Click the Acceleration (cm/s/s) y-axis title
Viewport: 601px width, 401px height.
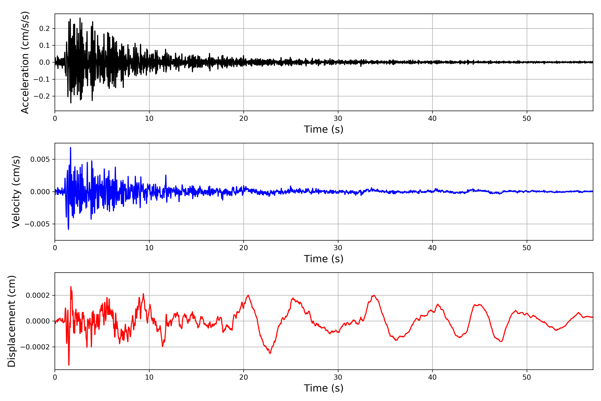pyautogui.click(x=25, y=62)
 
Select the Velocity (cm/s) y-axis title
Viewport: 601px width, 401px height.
pyautogui.click(x=16, y=192)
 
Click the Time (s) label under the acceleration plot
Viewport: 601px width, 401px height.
pyautogui.click(x=324, y=129)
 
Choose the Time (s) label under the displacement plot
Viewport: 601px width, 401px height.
pyautogui.click(x=324, y=388)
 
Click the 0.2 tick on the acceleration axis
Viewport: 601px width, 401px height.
pyautogui.click(x=44, y=29)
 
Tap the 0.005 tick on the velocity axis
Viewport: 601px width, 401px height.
pyautogui.click(x=40, y=160)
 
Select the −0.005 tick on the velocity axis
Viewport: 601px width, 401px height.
pyautogui.click(x=37, y=224)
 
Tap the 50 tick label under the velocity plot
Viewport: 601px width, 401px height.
pyautogui.click(x=527, y=248)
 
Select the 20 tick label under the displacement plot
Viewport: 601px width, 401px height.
pyautogui.click(x=244, y=377)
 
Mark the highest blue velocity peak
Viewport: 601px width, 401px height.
pyautogui.click(x=70, y=148)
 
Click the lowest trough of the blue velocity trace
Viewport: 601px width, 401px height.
pyautogui.click(x=68, y=229)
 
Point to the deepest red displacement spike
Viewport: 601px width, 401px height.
pyautogui.click(x=69, y=365)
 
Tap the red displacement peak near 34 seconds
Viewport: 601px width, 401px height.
pyautogui.click(x=374, y=295)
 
